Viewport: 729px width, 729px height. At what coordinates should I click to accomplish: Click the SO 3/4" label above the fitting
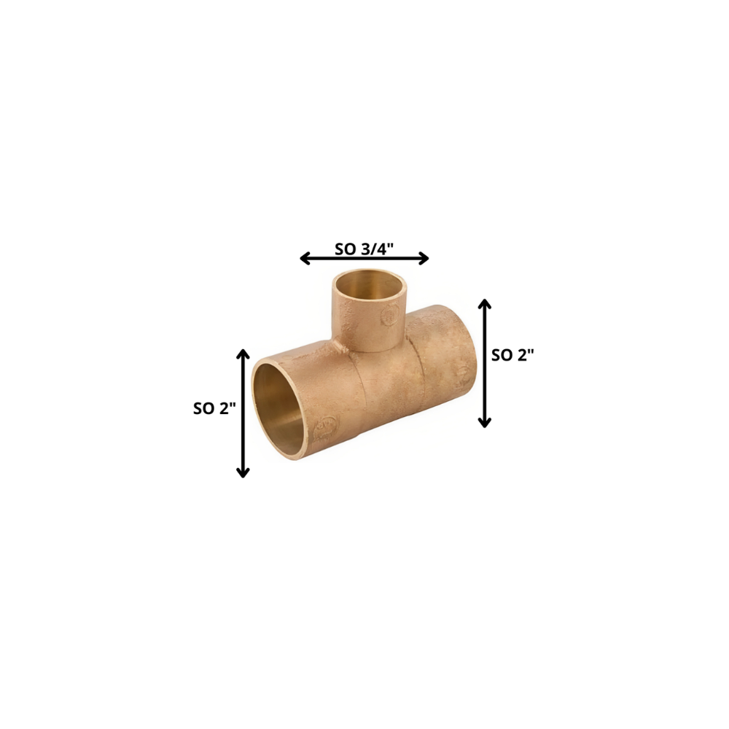364,248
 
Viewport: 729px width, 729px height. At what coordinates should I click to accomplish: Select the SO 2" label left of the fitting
214,408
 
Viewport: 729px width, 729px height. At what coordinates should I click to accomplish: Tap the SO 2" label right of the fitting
513,355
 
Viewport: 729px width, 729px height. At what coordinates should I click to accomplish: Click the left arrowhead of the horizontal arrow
305,258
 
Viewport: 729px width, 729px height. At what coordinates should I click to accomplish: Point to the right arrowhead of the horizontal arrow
424,258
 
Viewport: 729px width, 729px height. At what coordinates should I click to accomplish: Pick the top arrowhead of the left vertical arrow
243,354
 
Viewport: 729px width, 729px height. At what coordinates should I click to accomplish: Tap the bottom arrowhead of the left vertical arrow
243,473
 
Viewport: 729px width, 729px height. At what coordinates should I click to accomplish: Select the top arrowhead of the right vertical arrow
485,303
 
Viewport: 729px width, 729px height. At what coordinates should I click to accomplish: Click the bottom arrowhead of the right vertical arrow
485,423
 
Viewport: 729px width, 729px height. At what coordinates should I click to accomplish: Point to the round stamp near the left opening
325,426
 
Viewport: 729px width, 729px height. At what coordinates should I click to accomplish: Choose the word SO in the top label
345,248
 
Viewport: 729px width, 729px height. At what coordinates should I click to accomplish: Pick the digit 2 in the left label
227,408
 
